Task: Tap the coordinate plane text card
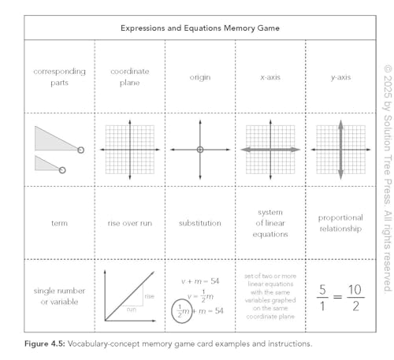click(130, 76)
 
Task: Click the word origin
click(200, 77)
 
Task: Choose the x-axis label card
click(270, 77)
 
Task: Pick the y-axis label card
click(340, 77)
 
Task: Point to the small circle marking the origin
click(200, 150)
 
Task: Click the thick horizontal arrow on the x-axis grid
click(270, 150)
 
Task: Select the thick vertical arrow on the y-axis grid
click(340, 150)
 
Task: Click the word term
click(60, 223)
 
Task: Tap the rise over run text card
click(130, 223)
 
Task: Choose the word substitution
click(200, 223)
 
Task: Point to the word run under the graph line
click(131, 310)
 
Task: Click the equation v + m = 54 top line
click(201, 280)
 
